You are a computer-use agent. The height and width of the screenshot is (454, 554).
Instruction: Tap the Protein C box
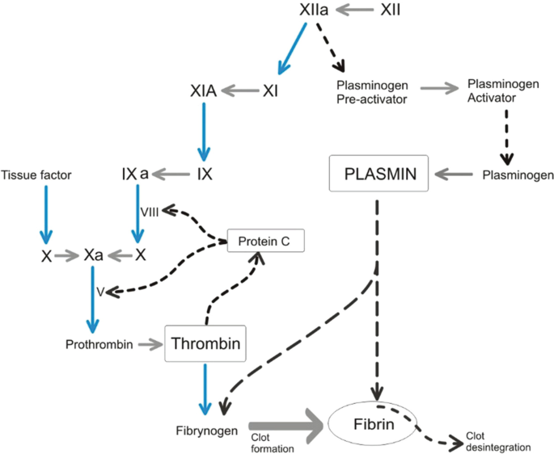click(x=257, y=240)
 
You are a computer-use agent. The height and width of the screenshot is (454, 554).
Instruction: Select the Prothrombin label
click(x=99, y=345)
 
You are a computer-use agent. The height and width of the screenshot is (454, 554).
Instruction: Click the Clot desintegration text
click(x=497, y=441)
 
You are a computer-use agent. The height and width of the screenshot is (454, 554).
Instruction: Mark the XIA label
click(x=203, y=91)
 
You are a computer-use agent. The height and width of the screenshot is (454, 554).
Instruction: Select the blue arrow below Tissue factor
click(x=45, y=214)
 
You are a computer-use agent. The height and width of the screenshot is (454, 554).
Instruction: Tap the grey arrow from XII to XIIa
click(x=356, y=11)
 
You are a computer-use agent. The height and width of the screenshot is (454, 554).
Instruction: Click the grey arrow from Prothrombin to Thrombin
click(x=150, y=345)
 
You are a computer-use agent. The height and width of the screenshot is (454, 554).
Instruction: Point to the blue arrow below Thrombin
click(x=205, y=386)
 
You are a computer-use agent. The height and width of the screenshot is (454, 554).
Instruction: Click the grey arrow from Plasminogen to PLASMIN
click(x=456, y=174)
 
